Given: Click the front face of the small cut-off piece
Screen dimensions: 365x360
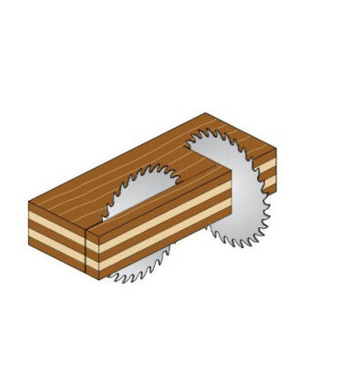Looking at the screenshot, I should (x=57, y=227).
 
